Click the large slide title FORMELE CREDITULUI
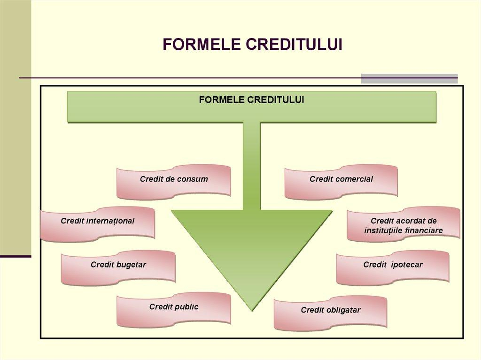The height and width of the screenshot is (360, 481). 252,44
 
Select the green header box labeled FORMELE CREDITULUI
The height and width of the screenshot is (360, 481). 252,107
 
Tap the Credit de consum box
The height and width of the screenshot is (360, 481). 174,182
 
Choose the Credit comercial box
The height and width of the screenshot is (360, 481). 341,182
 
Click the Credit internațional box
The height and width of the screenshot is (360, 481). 97,223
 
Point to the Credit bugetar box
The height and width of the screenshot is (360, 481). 118,268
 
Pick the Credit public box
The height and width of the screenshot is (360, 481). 174,309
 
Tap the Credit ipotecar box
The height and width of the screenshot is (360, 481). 393,268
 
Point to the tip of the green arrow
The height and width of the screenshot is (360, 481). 252,309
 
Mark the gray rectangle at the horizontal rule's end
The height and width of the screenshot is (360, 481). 409,78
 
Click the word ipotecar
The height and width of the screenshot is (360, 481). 406,265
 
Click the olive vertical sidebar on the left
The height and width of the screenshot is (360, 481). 15,127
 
